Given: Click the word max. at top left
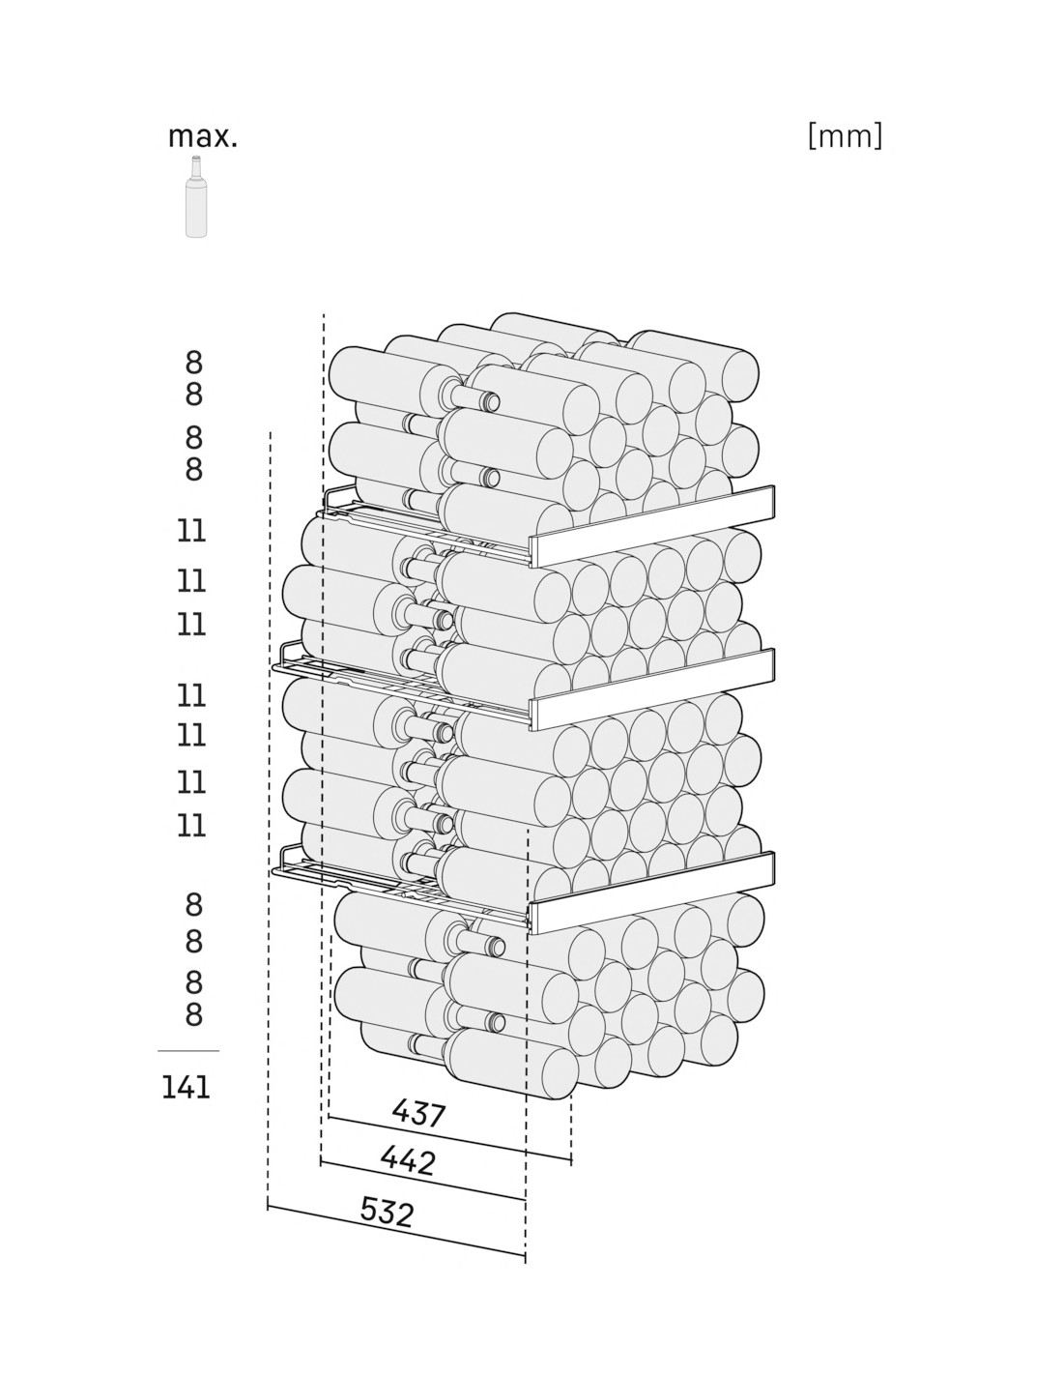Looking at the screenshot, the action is [x=202, y=137].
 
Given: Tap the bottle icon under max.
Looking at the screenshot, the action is [x=196, y=197].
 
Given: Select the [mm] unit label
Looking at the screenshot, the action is [x=845, y=135].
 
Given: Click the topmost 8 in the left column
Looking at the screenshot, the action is [x=193, y=363].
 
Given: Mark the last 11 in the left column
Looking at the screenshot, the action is [x=191, y=825].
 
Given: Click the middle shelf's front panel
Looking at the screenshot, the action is [x=651, y=689].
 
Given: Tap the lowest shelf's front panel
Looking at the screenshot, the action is [x=651, y=892].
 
